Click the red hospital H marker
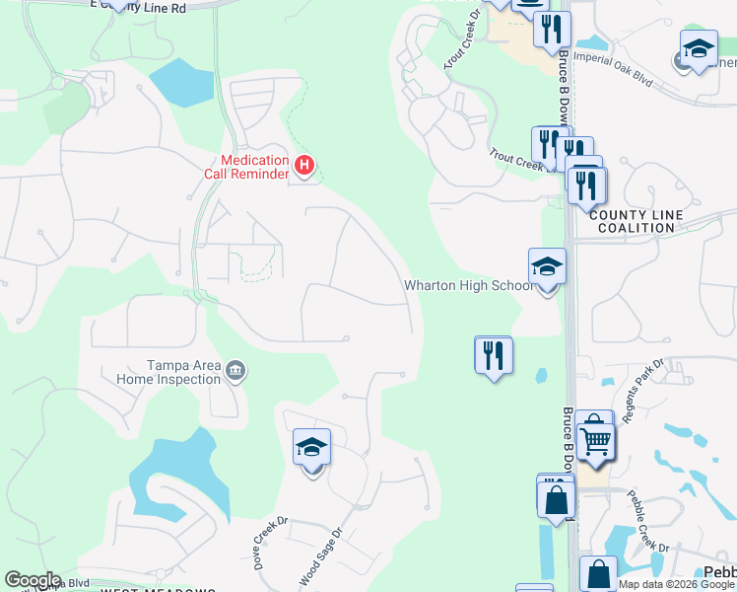[304, 166]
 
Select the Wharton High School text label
[469, 286]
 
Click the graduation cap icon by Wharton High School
[547, 266]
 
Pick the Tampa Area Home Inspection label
[167, 372]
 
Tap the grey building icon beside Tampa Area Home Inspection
[235, 372]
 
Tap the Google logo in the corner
[32, 580]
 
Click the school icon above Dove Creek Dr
[311, 449]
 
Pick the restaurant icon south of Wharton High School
[493, 355]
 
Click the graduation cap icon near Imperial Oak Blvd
[698, 48]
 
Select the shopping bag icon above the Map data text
[598, 573]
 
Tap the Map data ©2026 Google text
[676, 584]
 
